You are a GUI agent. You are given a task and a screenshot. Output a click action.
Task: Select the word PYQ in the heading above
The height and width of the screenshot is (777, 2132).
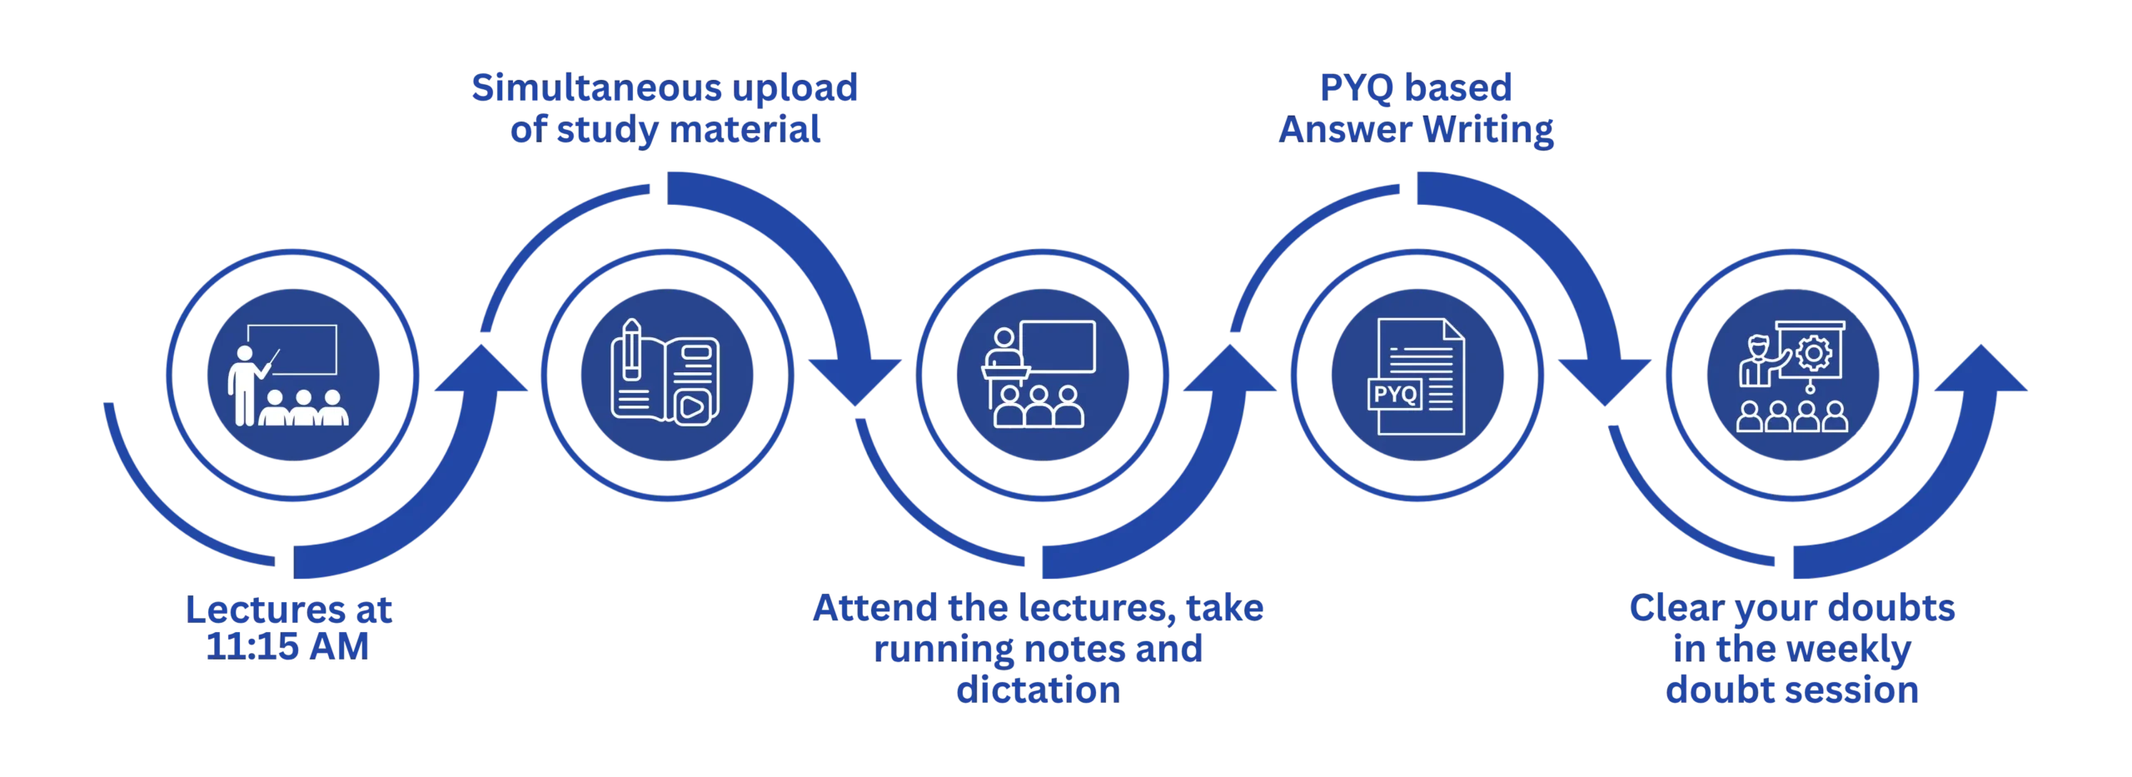pyautogui.click(x=1356, y=88)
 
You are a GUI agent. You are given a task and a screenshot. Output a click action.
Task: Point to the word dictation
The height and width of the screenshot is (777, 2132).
pyautogui.click(x=1038, y=690)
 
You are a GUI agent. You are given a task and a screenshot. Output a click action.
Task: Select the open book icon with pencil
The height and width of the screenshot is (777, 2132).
pyautogui.click(x=665, y=372)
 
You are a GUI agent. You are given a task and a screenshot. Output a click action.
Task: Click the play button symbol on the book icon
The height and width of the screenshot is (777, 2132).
pyautogui.click(x=692, y=407)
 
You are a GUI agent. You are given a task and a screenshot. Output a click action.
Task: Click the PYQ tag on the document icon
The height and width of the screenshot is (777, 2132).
pyautogui.click(x=1395, y=394)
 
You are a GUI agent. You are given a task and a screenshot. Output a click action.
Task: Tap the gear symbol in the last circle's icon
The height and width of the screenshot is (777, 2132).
pyautogui.click(x=1813, y=353)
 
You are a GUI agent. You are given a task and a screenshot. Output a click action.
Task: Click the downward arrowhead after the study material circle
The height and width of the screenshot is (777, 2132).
pyautogui.click(x=855, y=382)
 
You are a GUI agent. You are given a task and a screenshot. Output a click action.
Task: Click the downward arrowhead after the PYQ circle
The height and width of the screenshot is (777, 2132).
pyautogui.click(x=1605, y=382)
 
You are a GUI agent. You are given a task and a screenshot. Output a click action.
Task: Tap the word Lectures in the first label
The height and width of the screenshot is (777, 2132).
pyautogui.click(x=265, y=610)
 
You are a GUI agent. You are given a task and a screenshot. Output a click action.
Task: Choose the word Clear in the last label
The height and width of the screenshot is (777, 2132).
pyautogui.click(x=1676, y=608)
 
